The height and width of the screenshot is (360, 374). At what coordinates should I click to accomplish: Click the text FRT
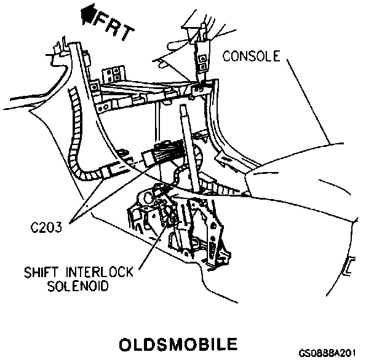point(114,28)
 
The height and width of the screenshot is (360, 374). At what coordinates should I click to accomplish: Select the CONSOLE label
point(251,57)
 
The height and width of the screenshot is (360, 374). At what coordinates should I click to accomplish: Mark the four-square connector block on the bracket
point(112,75)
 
